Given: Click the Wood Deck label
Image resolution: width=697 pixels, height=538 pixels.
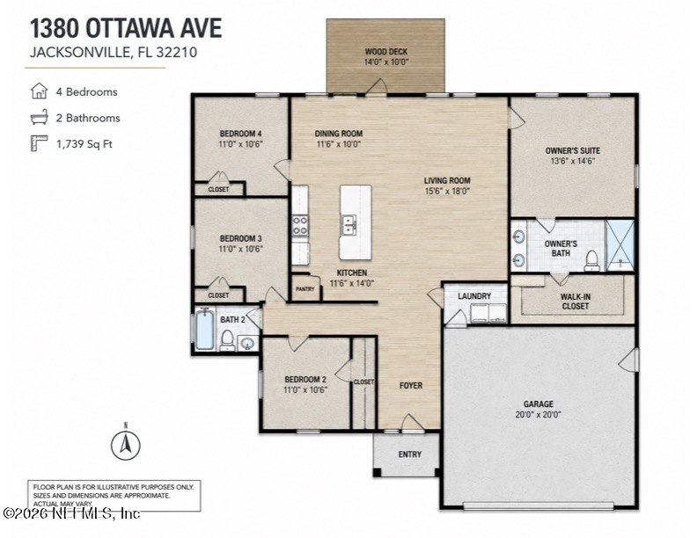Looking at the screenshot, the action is (385, 52).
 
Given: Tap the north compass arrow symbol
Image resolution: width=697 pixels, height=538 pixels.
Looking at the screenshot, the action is (126, 445).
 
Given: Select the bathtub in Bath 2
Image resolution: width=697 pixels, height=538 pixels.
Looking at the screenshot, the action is (204, 331).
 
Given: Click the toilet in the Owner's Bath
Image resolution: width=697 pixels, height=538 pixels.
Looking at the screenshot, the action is (591, 260).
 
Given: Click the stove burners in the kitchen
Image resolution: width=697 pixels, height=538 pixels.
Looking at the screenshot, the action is (300, 226).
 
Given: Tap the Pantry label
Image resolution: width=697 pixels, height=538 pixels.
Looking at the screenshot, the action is (304, 289).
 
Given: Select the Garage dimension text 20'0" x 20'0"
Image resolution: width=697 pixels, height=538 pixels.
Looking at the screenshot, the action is (538, 415).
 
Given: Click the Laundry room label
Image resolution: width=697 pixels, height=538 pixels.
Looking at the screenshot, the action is (474, 296).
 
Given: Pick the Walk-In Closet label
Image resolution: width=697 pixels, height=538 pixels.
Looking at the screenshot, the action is (576, 302).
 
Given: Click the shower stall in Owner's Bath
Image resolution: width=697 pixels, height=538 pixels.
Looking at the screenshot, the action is (620, 244).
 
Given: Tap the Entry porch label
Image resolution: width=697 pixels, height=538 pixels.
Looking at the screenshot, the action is (410, 454).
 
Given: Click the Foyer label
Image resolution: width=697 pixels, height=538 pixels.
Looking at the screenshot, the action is (411, 385).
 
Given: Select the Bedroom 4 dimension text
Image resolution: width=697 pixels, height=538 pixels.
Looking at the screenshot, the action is (240, 144).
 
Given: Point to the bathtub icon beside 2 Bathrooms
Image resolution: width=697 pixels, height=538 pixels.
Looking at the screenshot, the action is (39, 117).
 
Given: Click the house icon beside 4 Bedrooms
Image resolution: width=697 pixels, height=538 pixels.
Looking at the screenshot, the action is (39, 91).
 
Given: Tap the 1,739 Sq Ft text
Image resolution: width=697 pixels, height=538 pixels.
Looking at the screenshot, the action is (84, 144).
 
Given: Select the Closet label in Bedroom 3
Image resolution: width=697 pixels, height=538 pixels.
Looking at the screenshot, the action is (218, 295).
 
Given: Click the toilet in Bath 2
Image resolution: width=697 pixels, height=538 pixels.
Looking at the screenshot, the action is (227, 340).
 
